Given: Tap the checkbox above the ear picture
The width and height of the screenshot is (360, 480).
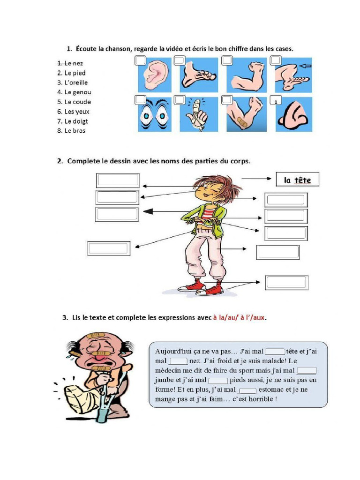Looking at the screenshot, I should [x=140, y=60].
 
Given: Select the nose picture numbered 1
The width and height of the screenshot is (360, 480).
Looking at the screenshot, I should [x=293, y=114].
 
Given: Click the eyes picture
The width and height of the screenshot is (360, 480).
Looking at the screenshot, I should [x=154, y=114].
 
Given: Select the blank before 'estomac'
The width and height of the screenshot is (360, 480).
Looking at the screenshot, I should [x=248, y=390].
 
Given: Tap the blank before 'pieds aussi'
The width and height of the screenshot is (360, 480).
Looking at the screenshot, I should [x=218, y=380].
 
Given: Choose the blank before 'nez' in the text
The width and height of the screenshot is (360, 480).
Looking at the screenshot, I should [x=178, y=361].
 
